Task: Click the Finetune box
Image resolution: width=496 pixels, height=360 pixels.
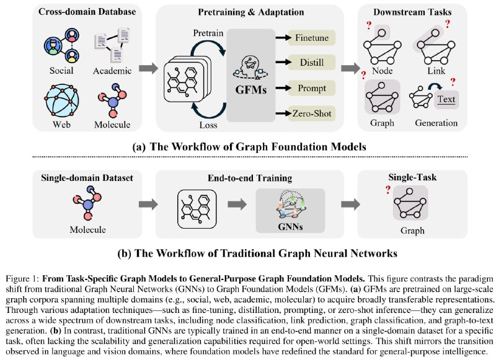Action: pos(312,38)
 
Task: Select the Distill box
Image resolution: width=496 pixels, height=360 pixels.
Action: pos(312,62)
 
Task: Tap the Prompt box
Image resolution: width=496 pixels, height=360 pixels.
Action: pos(312,88)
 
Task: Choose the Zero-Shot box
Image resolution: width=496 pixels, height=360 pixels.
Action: pos(312,113)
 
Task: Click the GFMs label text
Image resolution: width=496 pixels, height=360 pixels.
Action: pos(251,90)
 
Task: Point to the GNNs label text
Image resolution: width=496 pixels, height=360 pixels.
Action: pos(290,227)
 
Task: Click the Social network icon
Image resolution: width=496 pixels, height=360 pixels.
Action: pos(61,45)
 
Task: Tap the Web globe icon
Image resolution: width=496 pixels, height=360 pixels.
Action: pos(61,100)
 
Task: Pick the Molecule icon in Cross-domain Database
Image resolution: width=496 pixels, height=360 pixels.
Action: pos(112,100)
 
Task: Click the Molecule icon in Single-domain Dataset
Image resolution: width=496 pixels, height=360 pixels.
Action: pos(87,203)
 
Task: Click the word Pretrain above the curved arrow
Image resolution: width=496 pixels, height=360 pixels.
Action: pos(208,33)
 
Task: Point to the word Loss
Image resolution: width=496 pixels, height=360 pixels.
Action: pos(208,125)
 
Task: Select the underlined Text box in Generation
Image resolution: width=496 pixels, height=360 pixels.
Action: pos(446,99)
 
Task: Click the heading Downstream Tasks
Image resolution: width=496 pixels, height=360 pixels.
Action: pos(412,12)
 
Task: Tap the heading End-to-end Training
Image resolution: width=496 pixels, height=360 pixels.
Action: pos(250,178)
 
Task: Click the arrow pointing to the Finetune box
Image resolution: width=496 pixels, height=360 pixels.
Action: pos(283,38)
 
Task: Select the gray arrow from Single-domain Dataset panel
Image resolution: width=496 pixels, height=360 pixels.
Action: pos(148,204)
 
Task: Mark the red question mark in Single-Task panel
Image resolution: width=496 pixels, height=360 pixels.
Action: pos(388,190)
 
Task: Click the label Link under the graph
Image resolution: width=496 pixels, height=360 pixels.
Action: pos(436,71)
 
